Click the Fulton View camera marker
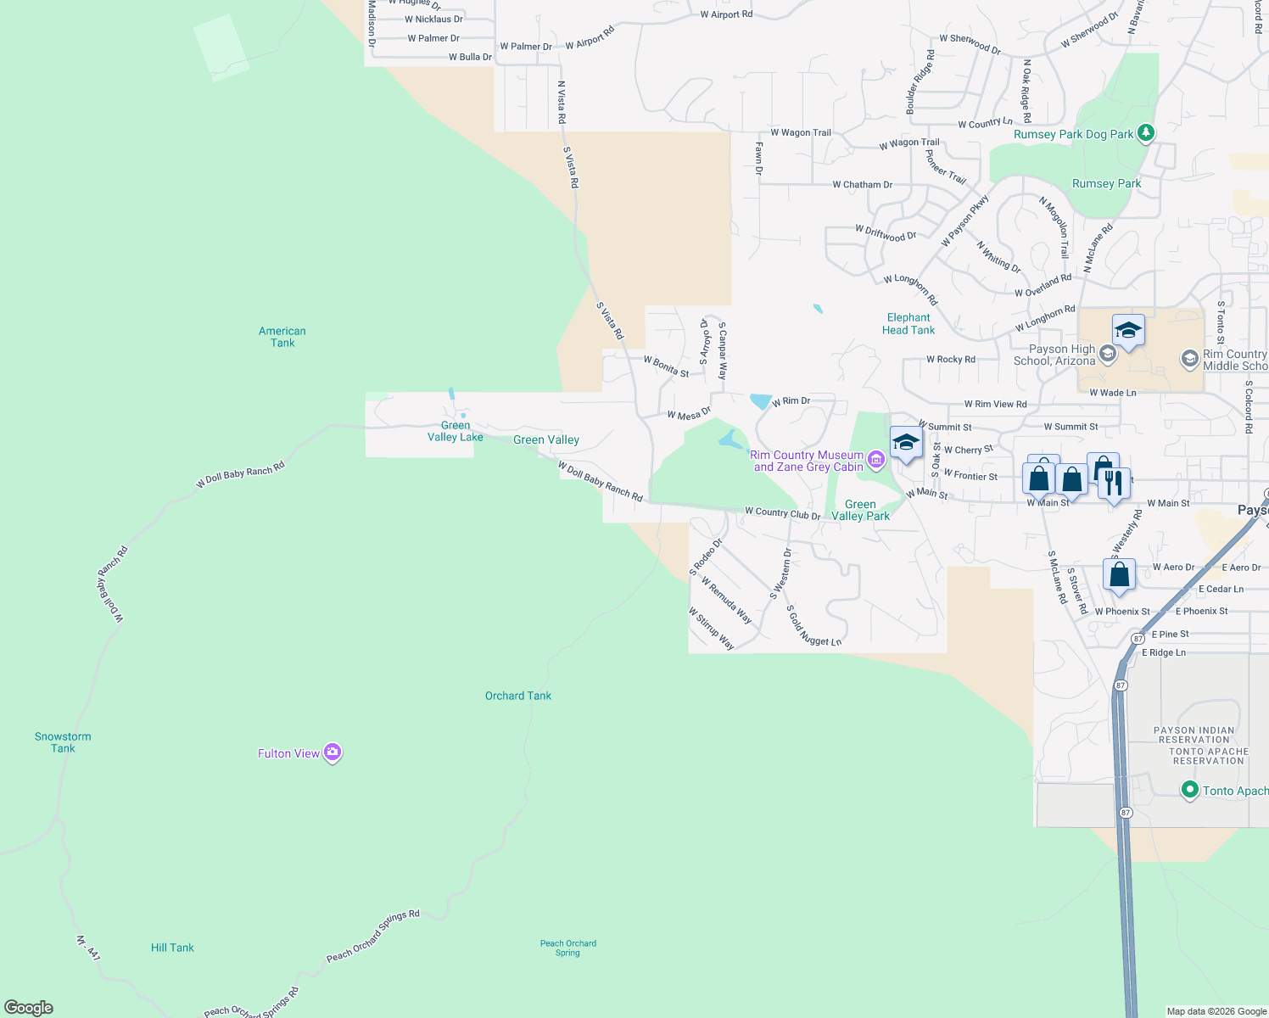(x=333, y=752)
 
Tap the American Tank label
(x=282, y=337)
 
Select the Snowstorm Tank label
(x=63, y=742)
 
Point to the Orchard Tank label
(x=518, y=696)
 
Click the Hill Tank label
(x=172, y=948)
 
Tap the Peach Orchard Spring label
(x=568, y=948)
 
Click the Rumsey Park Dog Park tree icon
(x=1146, y=132)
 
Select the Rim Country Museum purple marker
(x=876, y=461)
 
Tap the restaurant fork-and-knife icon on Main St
(x=1114, y=484)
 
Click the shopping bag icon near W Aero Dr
(x=1120, y=574)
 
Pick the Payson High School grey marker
(x=1107, y=353)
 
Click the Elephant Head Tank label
(x=908, y=324)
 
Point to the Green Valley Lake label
(x=456, y=431)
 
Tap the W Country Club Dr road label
(x=782, y=513)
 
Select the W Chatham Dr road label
(x=862, y=184)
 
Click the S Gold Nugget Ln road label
(x=813, y=626)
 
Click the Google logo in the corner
(x=29, y=1008)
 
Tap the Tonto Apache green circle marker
(x=1189, y=791)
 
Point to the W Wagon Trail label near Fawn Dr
(x=801, y=132)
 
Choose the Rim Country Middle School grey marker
(x=1189, y=360)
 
